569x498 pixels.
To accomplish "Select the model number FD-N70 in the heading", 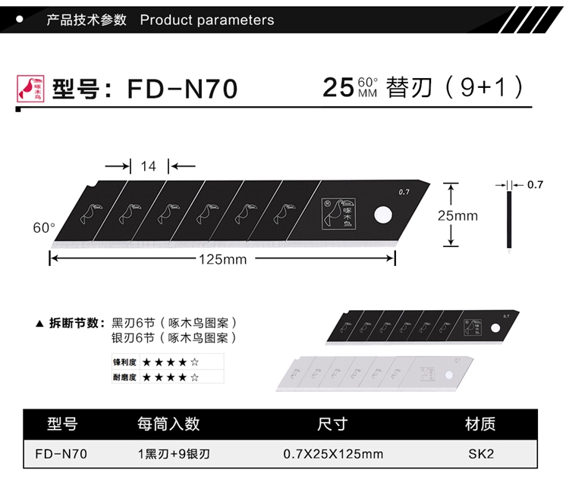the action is click(x=182, y=89).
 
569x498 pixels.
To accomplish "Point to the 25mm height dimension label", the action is click(x=457, y=215).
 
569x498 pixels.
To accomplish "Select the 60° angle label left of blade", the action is click(x=44, y=227).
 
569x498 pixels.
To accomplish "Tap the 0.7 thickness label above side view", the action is click(x=535, y=184).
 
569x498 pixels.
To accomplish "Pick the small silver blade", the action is click(x=376, y=373).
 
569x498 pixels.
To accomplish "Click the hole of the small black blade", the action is click(x=498, y=326).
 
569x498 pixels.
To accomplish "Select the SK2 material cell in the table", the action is click(x=480, y=455).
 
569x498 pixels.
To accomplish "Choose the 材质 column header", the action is click(x=480, y=424).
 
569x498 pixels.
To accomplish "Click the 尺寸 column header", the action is click(x=332, y=424).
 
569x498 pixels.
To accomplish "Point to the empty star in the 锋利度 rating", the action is click(x=195, y=361).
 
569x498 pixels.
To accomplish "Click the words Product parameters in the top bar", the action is click(x=207, y=20).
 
